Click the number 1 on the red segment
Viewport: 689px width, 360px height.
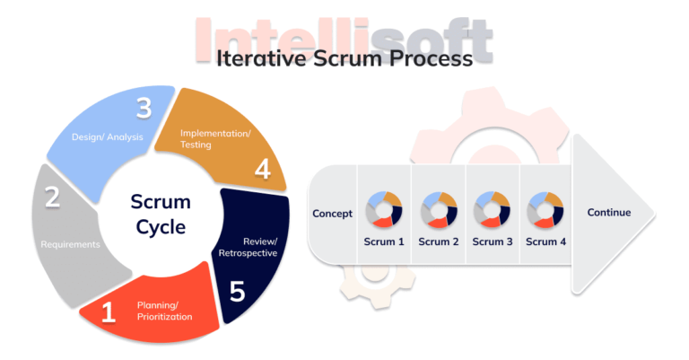coord(109,312)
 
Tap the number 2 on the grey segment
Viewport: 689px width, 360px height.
coord(53,197)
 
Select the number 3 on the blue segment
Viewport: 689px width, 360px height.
coord(143,109)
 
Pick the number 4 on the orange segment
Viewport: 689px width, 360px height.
coord(263,168)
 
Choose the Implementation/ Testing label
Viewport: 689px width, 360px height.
coord(215,138)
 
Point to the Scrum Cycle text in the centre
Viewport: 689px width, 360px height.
coord(161,214)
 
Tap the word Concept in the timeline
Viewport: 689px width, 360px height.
coord(332,214)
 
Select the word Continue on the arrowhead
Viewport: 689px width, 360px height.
coord(609,213)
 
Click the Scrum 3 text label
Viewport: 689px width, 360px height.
coord(493,241)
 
